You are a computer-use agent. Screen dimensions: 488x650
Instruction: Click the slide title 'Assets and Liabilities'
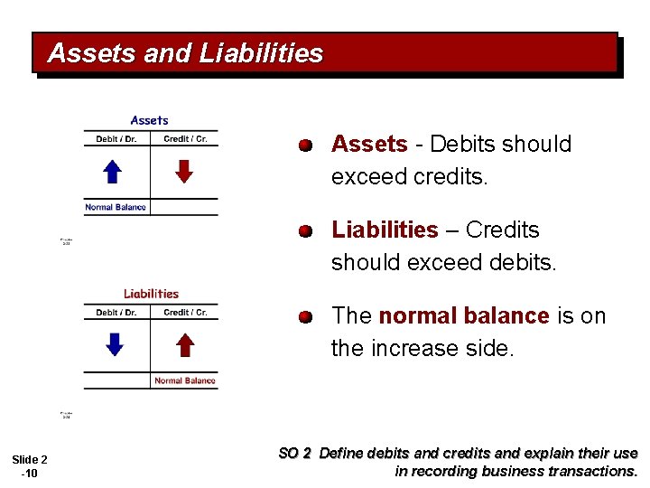point(185,53)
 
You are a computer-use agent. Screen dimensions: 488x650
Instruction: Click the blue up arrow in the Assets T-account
point(112,172)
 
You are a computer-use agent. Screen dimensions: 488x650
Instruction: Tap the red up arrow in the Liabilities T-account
point(184,344)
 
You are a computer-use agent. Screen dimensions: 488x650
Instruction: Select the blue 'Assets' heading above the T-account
point(150,120)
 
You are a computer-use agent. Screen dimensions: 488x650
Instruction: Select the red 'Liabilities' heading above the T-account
point(151,293)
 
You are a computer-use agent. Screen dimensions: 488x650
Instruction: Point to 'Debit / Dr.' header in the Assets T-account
point(116,139)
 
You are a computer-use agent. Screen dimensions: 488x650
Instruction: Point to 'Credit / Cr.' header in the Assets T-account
point(185,139)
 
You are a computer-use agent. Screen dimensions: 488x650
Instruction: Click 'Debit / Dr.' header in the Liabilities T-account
point(116,313)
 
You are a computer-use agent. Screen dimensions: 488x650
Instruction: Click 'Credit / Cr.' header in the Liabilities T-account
point(185,313)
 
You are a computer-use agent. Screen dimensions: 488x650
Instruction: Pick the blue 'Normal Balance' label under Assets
point(116,207)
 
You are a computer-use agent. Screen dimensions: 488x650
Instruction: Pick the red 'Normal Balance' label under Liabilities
point(185,380)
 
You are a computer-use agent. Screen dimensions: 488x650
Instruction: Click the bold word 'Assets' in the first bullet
point(369,144)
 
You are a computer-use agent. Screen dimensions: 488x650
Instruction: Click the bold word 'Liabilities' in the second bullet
point(385,230)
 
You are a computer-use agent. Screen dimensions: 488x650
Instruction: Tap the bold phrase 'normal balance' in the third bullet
point(463,315)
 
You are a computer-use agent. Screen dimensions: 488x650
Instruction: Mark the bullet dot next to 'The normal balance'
point(307,316)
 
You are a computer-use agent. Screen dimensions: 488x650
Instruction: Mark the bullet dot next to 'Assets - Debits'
point(307,145)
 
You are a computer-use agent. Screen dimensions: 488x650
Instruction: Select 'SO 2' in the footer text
point(294,454)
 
